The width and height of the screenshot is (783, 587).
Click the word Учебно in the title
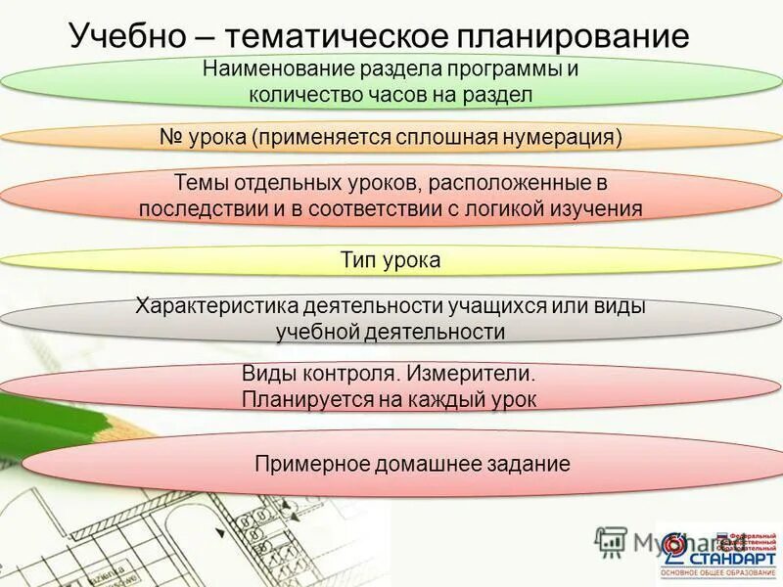127,37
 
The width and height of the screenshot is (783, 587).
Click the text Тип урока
391,260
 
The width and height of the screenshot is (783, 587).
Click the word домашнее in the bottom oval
427,464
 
